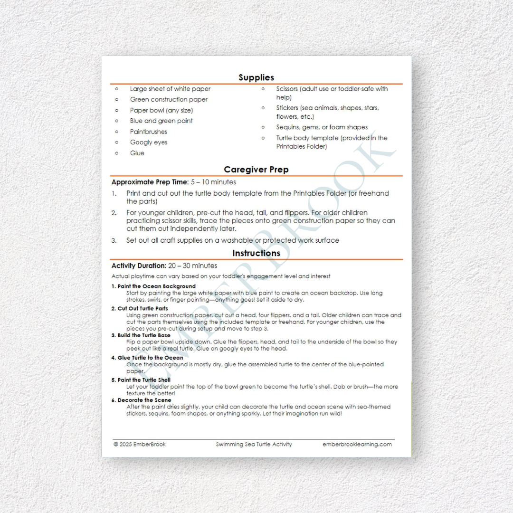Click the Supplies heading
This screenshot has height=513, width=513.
[x=256, y=77]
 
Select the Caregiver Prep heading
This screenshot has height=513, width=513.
[x=256, y=170]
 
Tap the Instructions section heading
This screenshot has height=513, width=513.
[x=256, y=253]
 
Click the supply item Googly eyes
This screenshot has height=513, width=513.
[x=149, y=142]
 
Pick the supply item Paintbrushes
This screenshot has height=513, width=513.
[x=149, y=132]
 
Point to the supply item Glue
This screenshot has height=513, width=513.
[x=137, y=153]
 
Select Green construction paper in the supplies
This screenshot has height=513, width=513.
[x=169, y=100]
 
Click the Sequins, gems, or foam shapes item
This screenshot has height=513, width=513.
[x=322, y=127]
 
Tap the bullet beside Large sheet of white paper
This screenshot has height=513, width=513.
[x=117, y=89]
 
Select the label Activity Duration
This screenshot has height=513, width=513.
[x=139, y=266]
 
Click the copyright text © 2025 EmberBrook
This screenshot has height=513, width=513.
[x=140, y=445]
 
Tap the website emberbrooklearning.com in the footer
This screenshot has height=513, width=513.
[x=357, y=445]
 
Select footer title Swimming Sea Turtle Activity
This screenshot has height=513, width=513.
[x=254, y=445]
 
